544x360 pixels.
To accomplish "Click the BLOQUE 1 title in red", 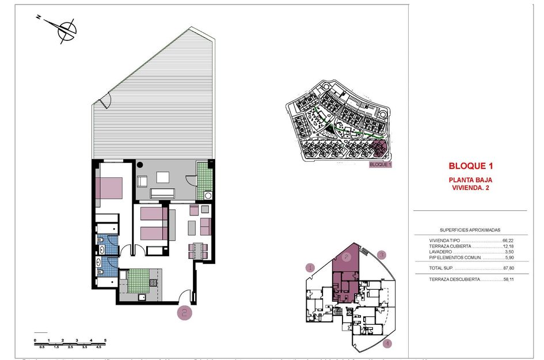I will [471, 166].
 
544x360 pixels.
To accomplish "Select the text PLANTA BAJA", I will [470, 180].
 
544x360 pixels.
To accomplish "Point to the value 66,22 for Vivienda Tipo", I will [507, 240].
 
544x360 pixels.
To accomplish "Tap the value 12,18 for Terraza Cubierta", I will [507, 246].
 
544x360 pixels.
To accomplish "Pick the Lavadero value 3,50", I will [508, 252].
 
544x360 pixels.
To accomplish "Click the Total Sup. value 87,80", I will [507, 268].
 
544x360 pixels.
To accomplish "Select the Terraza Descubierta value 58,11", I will [507, 279].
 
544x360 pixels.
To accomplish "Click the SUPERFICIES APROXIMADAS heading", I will [469, 229].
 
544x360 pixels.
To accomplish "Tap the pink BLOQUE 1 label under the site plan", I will [380, 164].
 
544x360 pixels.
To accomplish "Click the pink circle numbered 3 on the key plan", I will [381, 254].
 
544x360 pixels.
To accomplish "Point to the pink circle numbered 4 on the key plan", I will [387, 344].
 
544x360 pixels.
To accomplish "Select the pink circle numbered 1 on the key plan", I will [311, 267].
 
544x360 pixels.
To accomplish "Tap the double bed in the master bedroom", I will [109, 188].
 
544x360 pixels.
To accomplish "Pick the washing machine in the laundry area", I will [208, 195].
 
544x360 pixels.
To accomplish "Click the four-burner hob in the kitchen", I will [153, 283].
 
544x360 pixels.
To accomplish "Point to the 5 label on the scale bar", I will [105, 341].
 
